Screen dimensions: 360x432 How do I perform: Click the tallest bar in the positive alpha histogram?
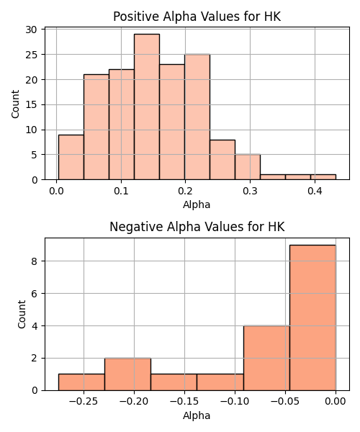tap(147, 107)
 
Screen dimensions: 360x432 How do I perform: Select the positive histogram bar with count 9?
tap(71, 157)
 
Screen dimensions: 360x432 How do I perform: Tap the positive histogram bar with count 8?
tap(222, 160)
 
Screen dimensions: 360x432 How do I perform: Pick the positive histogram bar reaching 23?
tap(172, 122)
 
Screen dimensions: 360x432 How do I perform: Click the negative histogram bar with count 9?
tap(312, 318)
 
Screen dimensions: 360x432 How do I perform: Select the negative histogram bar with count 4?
tap(266, 358)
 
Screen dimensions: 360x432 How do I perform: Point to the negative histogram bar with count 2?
tap(128, 374)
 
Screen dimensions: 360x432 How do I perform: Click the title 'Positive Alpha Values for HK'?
tap(197, 17)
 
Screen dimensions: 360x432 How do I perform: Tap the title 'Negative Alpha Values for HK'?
tap(197, 227)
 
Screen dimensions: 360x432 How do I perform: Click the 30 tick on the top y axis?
tap(31, 30)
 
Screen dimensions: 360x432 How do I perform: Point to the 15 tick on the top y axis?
tap(31, 104)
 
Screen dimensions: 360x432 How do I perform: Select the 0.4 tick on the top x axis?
tap(315, 191)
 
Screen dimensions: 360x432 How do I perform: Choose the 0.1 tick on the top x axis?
tap(121, 191)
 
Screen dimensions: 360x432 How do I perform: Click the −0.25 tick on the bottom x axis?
tap(84, 402)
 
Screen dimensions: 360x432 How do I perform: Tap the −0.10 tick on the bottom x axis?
tap(235, 402)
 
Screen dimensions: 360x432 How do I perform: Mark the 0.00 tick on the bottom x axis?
tap(336, 402)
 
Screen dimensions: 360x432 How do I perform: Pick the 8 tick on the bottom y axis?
tap(34, 261)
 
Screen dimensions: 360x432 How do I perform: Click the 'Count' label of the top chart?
tap(15, 104)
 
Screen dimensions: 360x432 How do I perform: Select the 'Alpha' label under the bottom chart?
tap(197, 415)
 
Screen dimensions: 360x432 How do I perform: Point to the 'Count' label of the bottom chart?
tap(22, 315)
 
